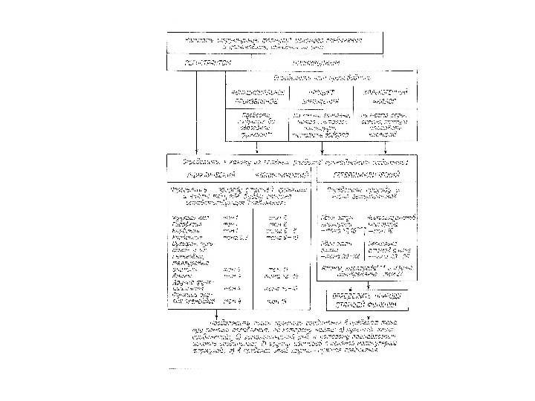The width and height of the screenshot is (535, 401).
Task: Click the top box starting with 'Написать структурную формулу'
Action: (x=279, y=43)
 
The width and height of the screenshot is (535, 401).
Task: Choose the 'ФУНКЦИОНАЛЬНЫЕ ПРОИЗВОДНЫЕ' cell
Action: (x=253, y=96)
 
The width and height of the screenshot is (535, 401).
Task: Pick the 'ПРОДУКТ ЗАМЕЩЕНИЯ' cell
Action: (x=315, y=96)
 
